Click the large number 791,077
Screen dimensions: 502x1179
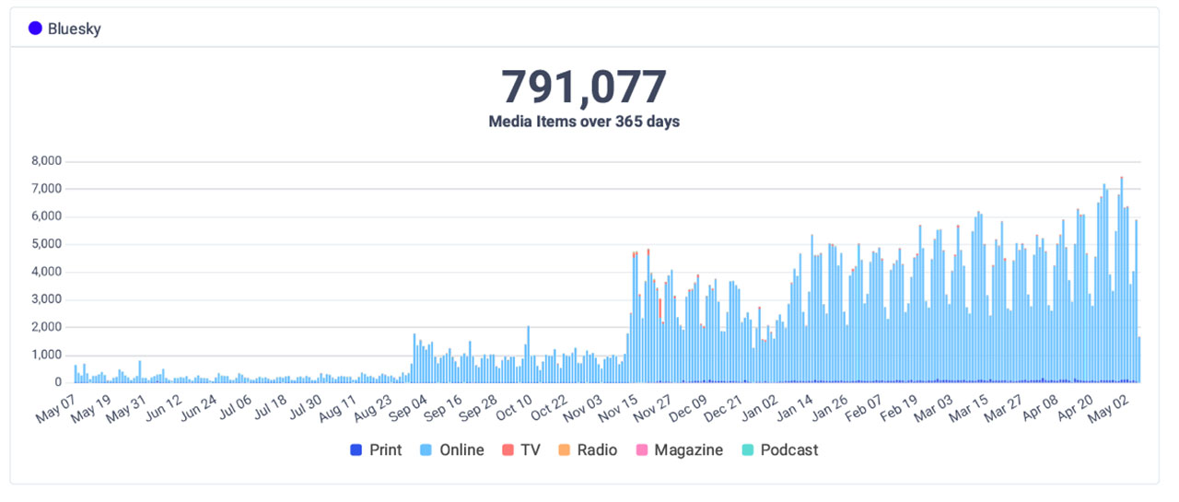click(584, 88)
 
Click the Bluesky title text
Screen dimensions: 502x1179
click(75, 29)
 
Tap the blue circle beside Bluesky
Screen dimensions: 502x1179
click(35, 29)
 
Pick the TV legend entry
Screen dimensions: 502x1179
click(520, 450)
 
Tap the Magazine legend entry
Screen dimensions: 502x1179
click(678, 450)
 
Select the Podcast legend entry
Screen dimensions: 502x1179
click(779, 450)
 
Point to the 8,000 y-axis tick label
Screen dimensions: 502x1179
click(45, 161)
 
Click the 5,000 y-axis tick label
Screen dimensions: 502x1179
click(45, 244)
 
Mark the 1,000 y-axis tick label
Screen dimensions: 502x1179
click(45, 355)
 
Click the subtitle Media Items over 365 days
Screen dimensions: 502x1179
click(584, 122)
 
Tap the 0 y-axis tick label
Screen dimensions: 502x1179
click(57, 382)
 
